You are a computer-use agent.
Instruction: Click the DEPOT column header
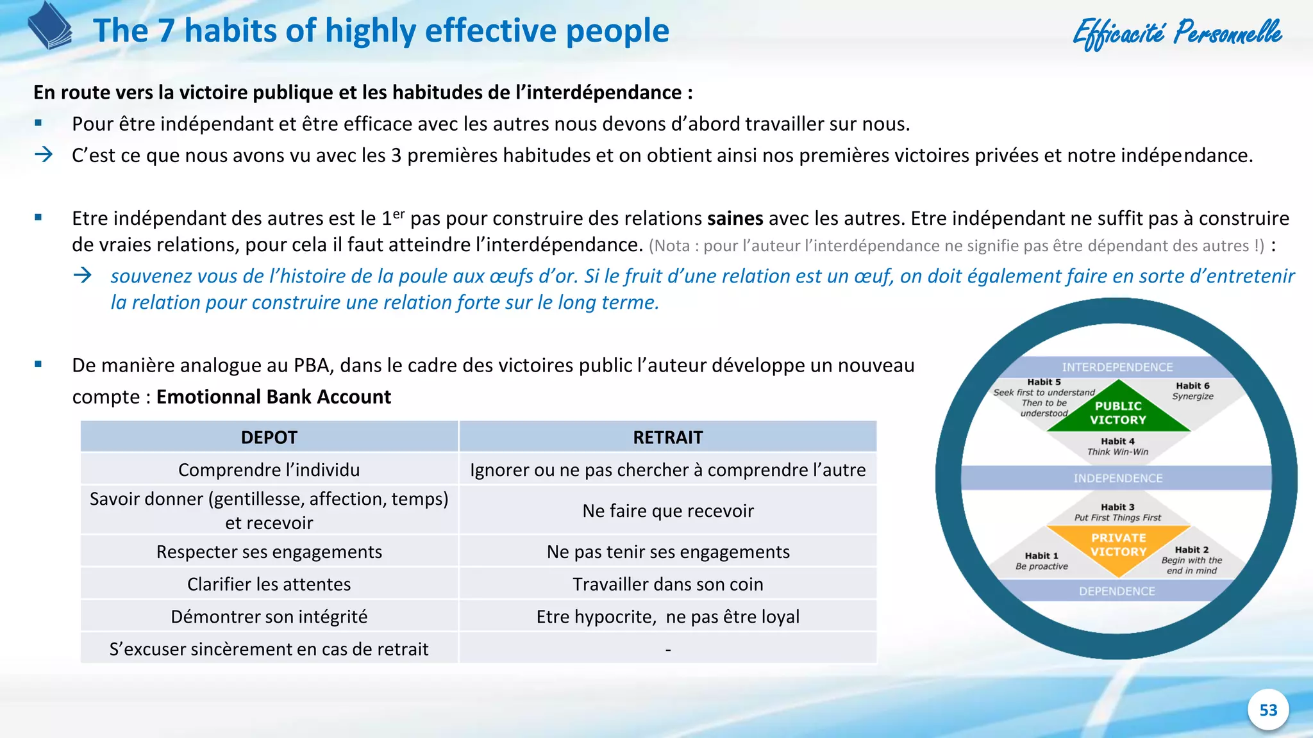click(269, 438)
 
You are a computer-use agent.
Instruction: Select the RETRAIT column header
click(667, 438)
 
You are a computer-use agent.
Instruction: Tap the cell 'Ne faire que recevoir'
click(667, 511)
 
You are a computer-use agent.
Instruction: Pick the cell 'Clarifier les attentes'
click(269, 584)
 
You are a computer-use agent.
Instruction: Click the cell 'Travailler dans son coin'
click(667, 584)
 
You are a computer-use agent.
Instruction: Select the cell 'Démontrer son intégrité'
click(269, 616)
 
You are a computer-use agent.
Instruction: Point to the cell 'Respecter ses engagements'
click(269, 552)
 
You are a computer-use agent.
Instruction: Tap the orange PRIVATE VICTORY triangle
click(1118, 543)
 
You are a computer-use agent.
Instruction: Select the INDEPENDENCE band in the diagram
click(1117, 478)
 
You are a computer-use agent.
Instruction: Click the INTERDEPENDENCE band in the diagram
click(1117, 367)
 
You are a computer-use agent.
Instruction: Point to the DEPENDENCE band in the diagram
click(1117, 591)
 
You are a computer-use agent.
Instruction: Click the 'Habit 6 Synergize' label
click(1192, 391)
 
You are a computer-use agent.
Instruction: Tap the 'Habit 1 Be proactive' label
click(1041, 561)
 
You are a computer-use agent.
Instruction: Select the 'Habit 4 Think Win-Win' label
click(1117, 446)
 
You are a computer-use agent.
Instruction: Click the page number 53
click(1267, 710)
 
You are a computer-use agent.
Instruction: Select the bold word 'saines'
click(735, 218)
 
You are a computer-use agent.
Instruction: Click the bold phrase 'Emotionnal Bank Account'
click(273, 397)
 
